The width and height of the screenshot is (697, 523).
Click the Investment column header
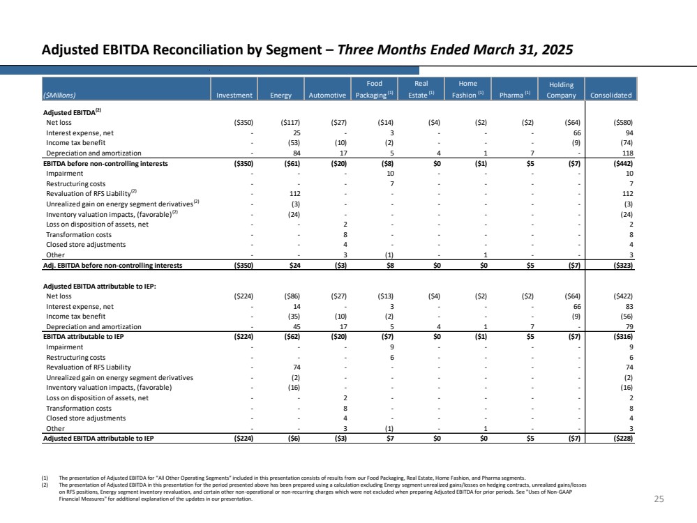pos(234,95)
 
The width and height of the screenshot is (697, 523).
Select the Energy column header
pos(281,95)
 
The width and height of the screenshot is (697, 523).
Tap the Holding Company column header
pos(561,90)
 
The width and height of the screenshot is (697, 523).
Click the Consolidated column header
pos(610,95)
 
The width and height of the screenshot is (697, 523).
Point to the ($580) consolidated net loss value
pos(623,123)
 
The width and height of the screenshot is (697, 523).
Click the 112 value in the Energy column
pos(294,194)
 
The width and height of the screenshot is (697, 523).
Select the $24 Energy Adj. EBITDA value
pos(294,265)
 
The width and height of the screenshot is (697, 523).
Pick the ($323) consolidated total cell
pos(623,265)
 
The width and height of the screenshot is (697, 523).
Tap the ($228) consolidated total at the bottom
pos(623,438)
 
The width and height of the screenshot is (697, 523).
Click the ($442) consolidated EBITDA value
pos(623,163)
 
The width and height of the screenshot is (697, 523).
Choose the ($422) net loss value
pos(623,296)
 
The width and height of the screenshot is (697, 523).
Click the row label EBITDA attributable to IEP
pos(84,336)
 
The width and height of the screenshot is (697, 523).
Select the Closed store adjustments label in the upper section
pos(86,244)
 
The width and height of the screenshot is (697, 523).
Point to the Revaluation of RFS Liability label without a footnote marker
pos(89,367)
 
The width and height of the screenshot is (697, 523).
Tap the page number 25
pos(659,499)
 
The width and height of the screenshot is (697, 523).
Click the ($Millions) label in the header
pos(59,95)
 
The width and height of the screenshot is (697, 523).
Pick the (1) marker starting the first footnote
pos(45,478)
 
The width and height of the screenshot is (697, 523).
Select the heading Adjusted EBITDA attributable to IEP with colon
pos(100,286)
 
